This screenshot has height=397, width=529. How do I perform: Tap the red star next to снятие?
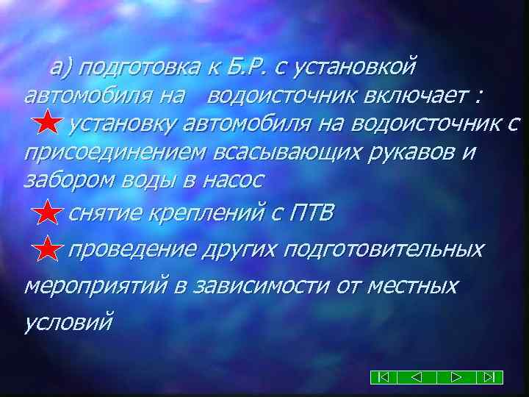48,215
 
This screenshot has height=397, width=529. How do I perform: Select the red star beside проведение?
48,251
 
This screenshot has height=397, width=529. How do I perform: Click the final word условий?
69,321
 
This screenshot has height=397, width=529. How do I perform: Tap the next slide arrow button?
456,377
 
